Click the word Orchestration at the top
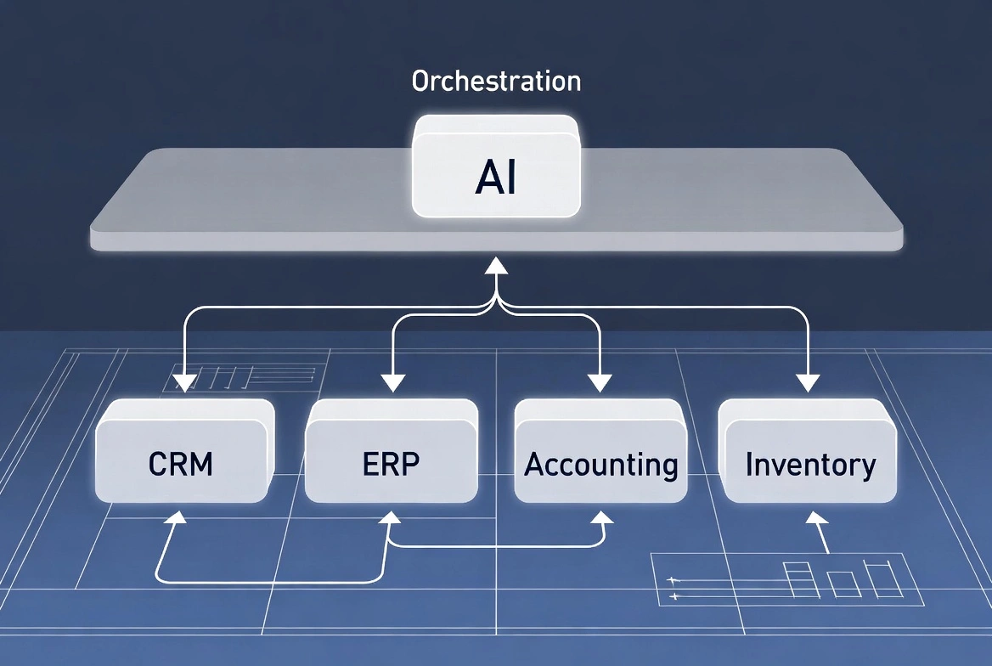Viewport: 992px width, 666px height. coord(496,82)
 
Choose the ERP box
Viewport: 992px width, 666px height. coord(391,464)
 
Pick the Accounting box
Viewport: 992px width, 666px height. coord(600,465)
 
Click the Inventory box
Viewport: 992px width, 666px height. coord(809,464)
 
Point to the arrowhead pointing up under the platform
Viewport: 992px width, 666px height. coord(496,267)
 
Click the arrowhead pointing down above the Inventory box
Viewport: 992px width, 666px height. coord(808,383)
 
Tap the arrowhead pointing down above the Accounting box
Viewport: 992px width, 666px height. coord(600,383)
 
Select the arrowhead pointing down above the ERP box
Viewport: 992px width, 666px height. coord(392,383)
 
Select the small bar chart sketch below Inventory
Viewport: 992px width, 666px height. coord(841,579)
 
